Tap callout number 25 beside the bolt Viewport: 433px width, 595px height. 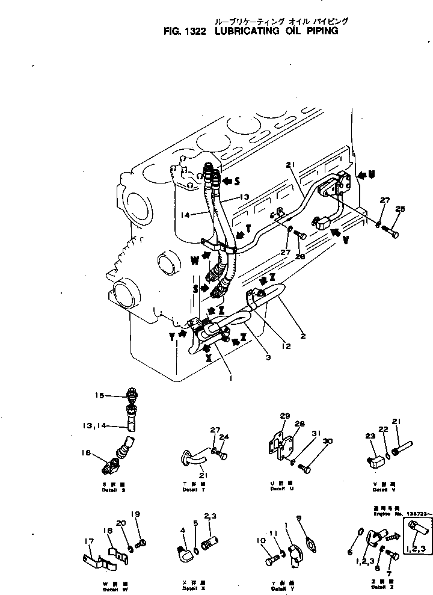[x=401, y=209]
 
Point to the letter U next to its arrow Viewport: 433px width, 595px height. [x=372, y=175]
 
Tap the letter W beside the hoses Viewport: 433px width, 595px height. [x=195, y=261]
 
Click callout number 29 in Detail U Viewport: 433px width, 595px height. [x=284, y=415]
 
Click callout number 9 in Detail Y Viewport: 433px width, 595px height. [x=299, y=518]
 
